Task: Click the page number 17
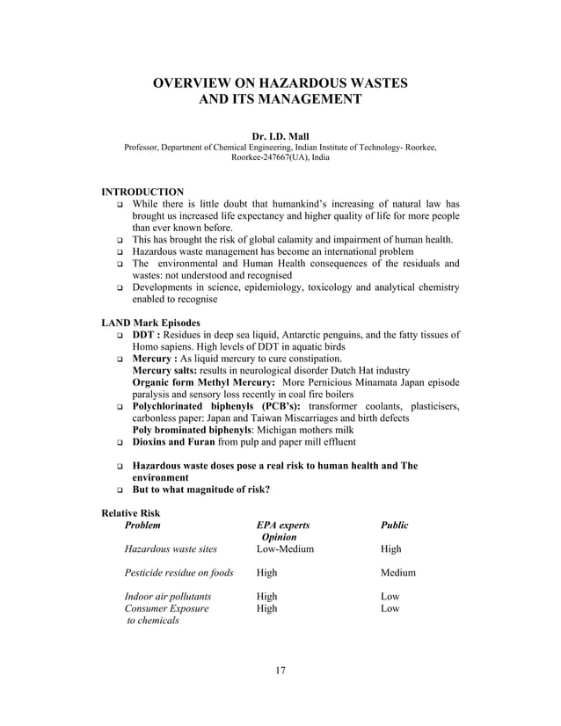coord(280,672)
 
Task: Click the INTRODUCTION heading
coord(143,192)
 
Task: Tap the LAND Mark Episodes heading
coord(151,322)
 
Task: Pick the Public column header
coord(394,525)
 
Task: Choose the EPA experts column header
coord(282,525)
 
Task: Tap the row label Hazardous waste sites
coord(171,548)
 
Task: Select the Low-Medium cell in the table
coord(285,548)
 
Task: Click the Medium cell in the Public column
coord(397,572)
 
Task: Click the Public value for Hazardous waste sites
coord(391,548)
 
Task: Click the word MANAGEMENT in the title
coord(305,101)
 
